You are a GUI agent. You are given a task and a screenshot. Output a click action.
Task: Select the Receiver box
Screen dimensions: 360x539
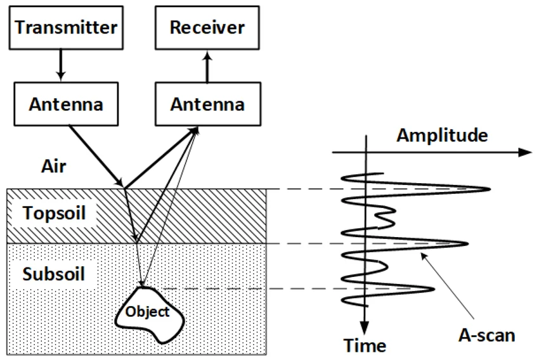(x=206, y=27)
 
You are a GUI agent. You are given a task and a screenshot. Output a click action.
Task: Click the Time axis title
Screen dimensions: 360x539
(x=365, y=345)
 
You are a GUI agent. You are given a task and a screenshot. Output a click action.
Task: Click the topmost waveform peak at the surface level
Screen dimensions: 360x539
(x=488, y=189)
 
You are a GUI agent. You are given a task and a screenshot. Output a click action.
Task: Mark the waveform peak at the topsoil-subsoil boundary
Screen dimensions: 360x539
(x=465, y=244)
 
